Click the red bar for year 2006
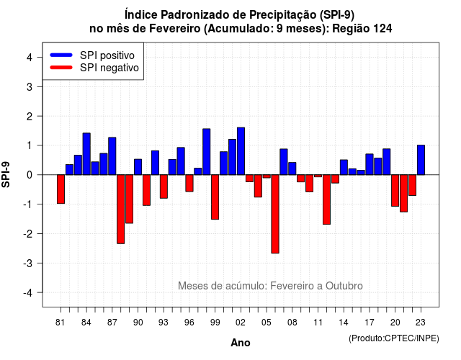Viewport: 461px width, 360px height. point(275,214)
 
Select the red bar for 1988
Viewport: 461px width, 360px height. point(120,210)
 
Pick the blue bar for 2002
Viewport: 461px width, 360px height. point(241,151)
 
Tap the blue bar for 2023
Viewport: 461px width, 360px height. point(421,160)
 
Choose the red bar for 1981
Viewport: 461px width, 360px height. point(61,189)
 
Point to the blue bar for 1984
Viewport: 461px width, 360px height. point(86,153)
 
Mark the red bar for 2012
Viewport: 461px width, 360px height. point(326,199)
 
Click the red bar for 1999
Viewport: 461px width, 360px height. point(215,197)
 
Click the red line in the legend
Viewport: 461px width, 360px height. point(61,68)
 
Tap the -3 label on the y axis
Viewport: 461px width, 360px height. point(28,263)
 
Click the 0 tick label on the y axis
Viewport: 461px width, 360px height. point(30,175)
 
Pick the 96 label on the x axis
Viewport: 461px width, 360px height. point(189,323)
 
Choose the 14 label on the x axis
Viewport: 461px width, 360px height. point(344,323)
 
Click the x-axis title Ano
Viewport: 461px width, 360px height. point(241,343)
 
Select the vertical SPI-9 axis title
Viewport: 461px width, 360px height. point(6,174)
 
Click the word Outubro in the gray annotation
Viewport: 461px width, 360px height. point(344,286)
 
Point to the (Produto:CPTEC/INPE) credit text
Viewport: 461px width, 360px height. point(394,338)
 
